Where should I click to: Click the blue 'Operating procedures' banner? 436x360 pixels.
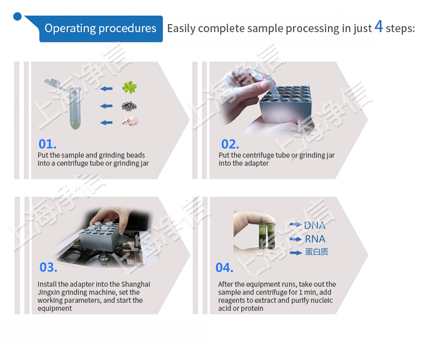click(100, 29)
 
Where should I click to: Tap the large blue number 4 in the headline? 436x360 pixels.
click(378, 27)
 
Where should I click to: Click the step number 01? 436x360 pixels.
click(47, 144)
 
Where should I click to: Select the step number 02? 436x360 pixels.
click(230, 144)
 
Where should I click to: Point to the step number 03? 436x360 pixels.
click(48, 268)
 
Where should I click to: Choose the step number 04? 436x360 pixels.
click(224, 268)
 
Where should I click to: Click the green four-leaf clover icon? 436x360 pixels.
click(129, 88)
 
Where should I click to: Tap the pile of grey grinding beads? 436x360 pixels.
click(129, 106)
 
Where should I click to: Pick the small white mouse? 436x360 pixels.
click(130, 121)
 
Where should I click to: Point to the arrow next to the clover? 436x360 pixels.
click(106, 89)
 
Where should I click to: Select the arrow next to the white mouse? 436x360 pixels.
click(106, 122)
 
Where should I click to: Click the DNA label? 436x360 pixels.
click(315, 225)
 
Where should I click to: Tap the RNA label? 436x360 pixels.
click(315, 239)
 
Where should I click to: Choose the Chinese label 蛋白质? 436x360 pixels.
click(316, 252)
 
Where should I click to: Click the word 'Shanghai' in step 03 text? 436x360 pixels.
click(136, 284)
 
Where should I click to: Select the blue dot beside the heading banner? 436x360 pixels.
click(18, 17)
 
